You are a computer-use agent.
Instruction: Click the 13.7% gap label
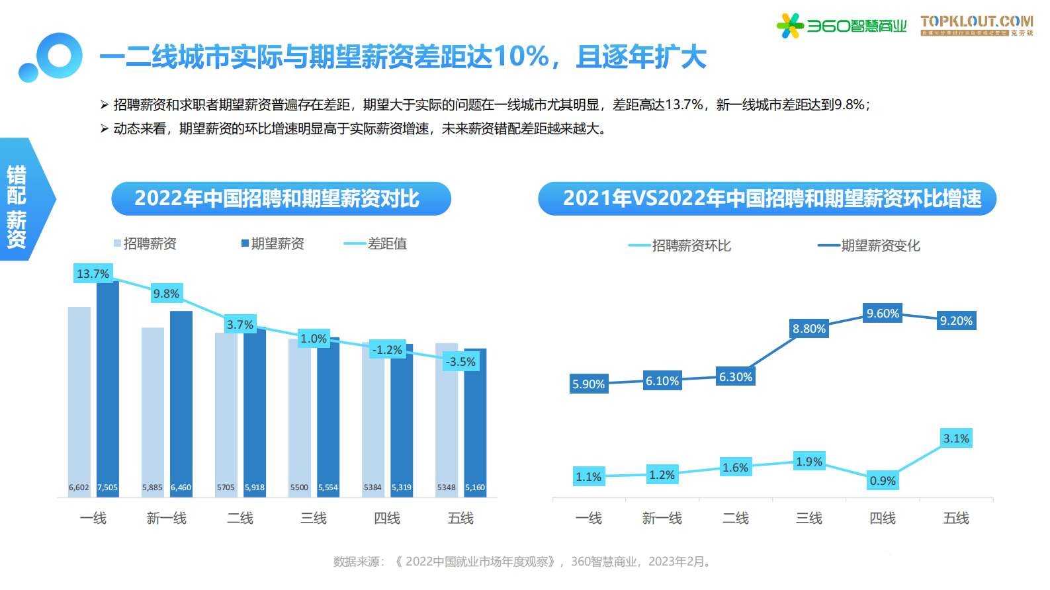point(93,273)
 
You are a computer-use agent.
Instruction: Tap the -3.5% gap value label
point(460,362)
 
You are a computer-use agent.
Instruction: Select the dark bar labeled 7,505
point(108,384)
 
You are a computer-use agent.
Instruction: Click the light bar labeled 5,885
point(152,407)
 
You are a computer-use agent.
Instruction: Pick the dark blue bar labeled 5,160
point(475,417)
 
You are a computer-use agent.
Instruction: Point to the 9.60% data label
point(883,314)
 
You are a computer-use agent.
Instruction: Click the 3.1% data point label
point(956,439)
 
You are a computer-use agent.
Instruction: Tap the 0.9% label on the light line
point(883,481)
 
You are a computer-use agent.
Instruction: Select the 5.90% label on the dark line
point(588,384)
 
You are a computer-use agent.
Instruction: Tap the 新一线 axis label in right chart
point(662,518)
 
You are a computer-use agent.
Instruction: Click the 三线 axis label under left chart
point(314,518)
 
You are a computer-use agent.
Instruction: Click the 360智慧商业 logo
point(841,26)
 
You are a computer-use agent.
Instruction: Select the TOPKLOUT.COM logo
point(977,24)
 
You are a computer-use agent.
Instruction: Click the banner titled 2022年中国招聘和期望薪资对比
point(281,198)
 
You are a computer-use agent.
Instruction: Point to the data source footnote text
point(523,562)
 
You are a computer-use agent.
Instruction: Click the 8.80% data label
point(809,329)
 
